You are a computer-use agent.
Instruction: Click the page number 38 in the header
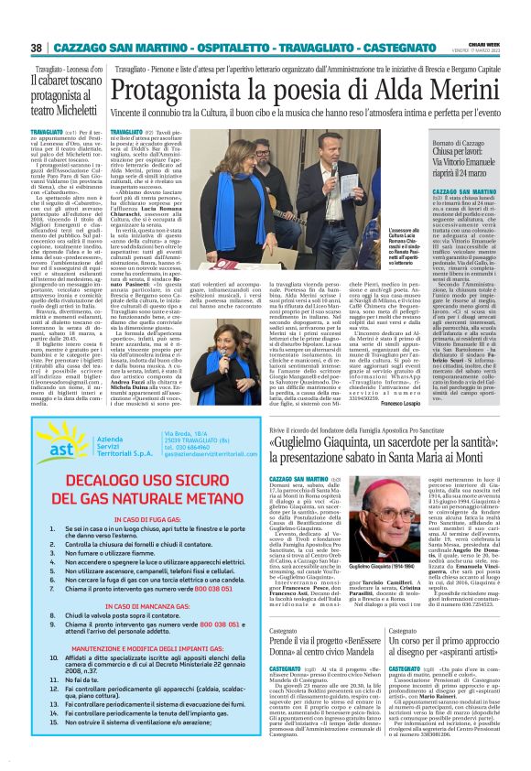click(x=37, y=47)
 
